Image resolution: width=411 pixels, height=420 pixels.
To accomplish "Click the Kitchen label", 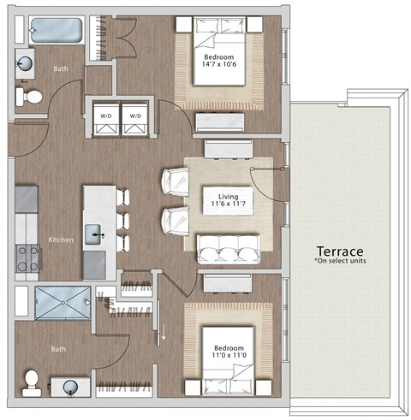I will [x=60, y=240].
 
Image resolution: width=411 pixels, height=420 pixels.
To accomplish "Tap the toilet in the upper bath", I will [x=32, y=97].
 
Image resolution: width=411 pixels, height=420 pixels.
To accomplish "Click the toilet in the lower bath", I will [x=33, y=380].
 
